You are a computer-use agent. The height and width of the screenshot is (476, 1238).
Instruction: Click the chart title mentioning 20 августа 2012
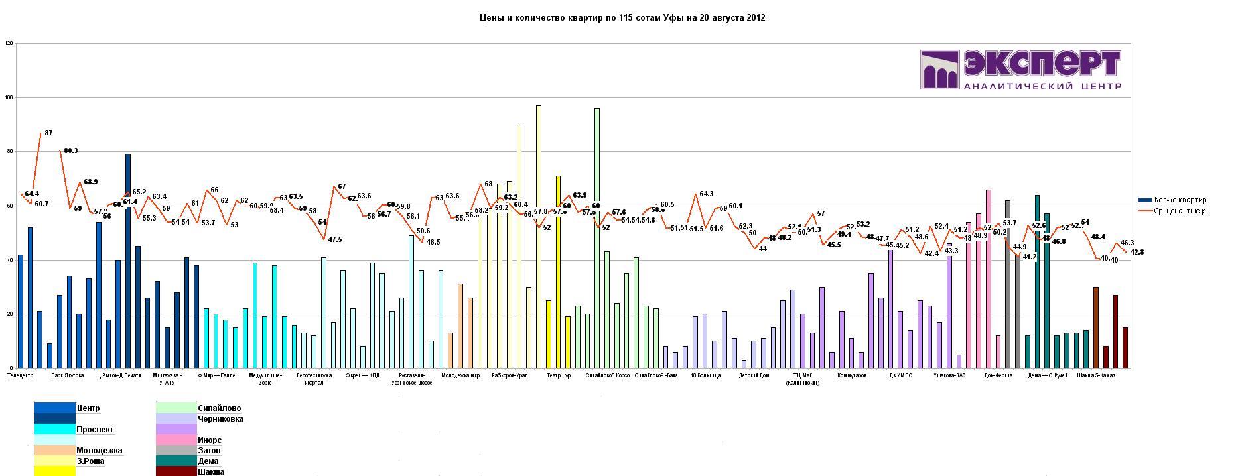click(x=622, y=18)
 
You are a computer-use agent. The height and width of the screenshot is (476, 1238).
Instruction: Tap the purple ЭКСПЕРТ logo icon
click(x=940, y=70)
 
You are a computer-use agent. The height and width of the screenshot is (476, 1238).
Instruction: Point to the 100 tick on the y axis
click(x=9, y=97)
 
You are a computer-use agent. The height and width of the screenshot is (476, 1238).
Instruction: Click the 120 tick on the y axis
click(x=9, y=43)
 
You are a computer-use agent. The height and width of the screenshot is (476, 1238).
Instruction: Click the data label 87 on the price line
click(x=48, y=133)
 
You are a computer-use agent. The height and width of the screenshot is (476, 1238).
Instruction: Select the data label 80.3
click(x=71, y=151)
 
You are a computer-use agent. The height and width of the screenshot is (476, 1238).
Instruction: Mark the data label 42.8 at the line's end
click(x=1137, y=252)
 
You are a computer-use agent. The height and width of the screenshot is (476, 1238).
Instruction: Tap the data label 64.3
click(x=706, y=194)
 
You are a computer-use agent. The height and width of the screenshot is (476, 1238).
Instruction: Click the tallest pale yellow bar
click(x=539, y=236)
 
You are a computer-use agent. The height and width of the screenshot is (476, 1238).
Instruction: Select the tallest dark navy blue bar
click(x=128, y=261)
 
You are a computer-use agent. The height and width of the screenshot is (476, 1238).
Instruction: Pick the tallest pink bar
click(x=989, y=278)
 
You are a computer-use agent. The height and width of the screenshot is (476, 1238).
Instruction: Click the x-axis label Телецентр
click(x=20, y=375)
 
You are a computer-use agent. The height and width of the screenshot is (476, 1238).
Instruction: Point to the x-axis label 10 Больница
click(x=705, y=375)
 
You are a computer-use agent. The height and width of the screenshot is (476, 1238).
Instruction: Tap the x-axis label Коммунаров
click(x=852, y=375)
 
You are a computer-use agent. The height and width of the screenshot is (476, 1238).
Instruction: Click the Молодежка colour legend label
click(x=99, y=451)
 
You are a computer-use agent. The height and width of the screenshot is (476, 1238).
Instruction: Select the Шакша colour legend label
click(x=210, y=472)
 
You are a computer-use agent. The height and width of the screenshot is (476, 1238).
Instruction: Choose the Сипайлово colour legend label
click(x=219, y=408)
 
